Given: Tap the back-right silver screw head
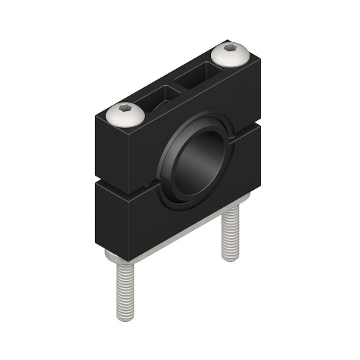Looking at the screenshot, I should click(232, 53).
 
